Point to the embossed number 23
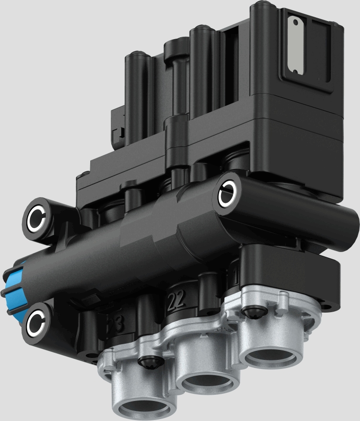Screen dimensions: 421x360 coord(116,324)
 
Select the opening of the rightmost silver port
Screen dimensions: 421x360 coord(271,356)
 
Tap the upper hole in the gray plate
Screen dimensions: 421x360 coord(296,22)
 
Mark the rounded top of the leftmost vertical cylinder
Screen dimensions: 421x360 coord(137,57)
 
